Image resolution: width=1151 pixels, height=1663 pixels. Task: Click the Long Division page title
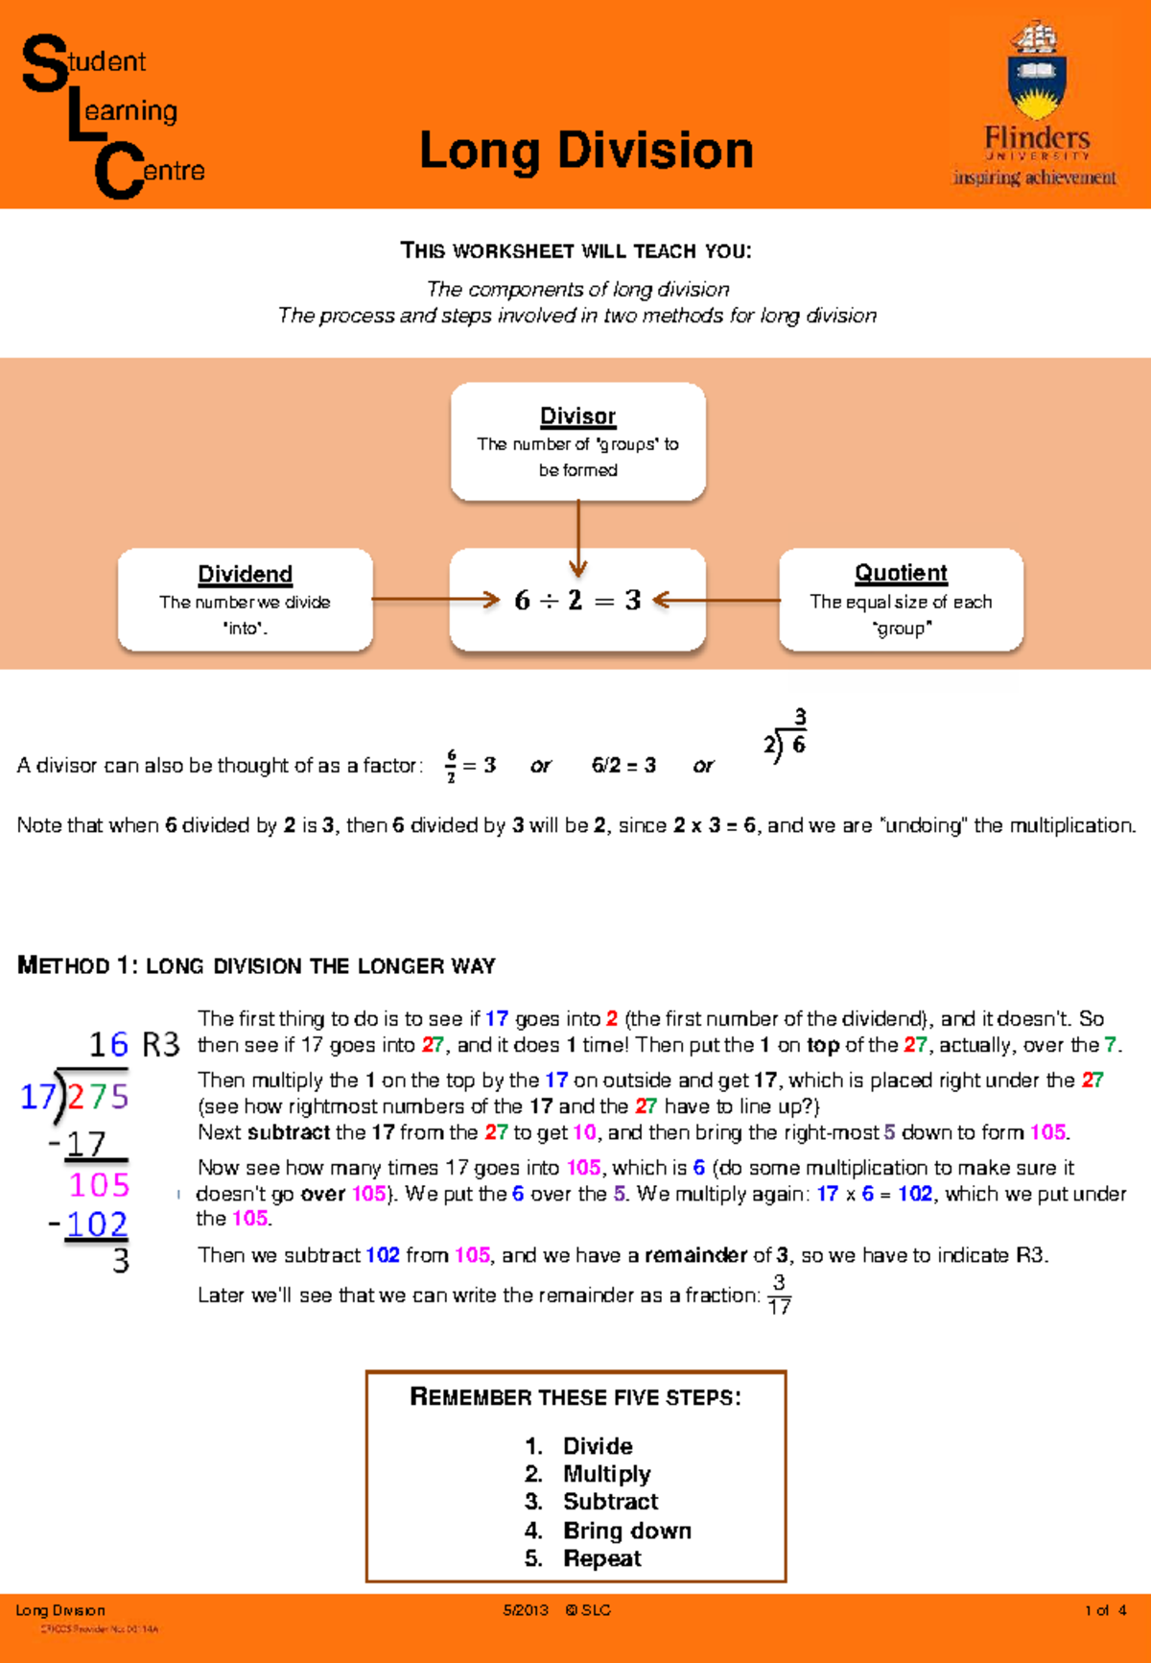[x=586, y=151]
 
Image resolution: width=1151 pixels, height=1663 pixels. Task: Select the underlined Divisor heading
[x=577, y=416]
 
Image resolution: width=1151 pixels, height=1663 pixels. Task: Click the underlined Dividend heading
[x=245, y=574]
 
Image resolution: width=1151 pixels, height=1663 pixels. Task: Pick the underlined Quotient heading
[x=901, y=573]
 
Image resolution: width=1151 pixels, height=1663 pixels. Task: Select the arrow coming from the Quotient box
[x=717, y=601]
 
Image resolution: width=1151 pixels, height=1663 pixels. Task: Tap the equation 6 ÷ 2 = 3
[x=577, y=601]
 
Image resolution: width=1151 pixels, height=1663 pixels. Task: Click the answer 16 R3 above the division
[x=133, y=1044]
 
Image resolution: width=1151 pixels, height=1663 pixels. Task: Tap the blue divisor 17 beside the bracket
[x=37, y=1096]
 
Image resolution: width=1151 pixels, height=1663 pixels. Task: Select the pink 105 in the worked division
[x=99, y=1185]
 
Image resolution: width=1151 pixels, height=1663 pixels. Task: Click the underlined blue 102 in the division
[x=97, y=1223]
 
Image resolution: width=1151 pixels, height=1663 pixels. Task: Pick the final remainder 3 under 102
[x=121, y=1260]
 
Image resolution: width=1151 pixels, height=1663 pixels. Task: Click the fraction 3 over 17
[x=779, y=1295]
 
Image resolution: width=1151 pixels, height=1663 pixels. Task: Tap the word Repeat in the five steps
[x=601, y=1558]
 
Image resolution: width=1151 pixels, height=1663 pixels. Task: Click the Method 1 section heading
[x=256, y=965]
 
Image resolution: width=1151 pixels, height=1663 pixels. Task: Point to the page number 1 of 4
[x=1105, y=1610]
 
